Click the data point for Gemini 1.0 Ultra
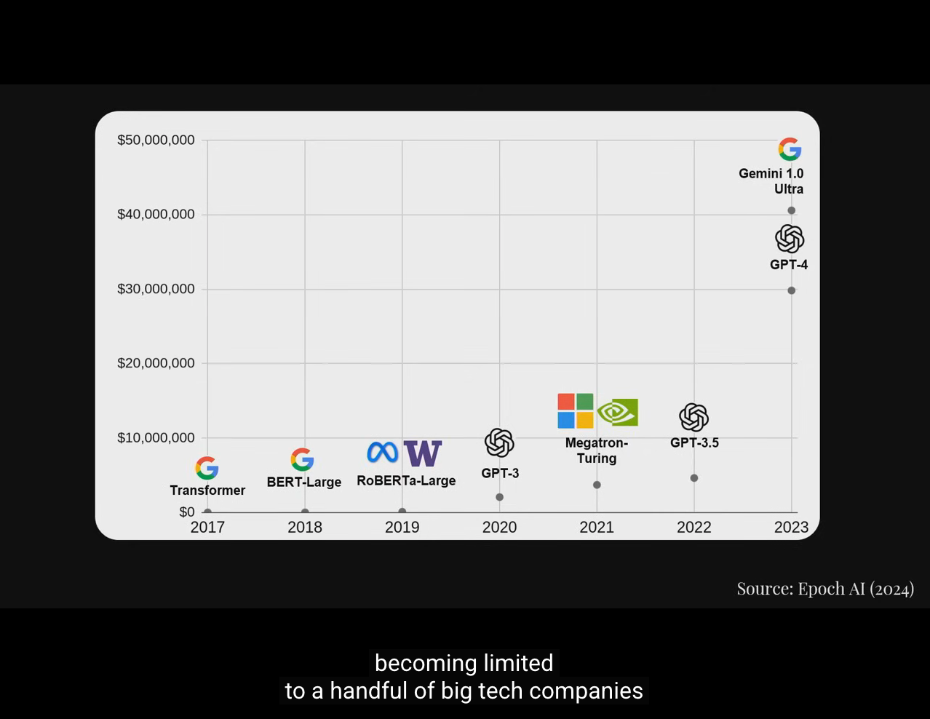tap(791, 210)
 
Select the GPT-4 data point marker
tap(791, 290)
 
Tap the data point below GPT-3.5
tap(694, 478)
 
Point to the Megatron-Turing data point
tap(597, 485)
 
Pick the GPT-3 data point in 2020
tap(499, 497)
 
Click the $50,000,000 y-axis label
tap(156, 140)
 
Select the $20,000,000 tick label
tap(156, 363)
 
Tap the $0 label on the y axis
tap(187, 512)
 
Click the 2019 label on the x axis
tap(402, 527)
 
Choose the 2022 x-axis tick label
tap(694, 527)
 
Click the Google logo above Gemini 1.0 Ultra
tap(790, 149)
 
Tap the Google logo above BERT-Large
tap(302, 459)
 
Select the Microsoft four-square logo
tap(576, 411)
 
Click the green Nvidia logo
tap(618, 412)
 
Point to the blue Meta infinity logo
tap(383, 452)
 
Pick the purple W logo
tap(423, 453)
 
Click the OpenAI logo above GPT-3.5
tap(693, 417)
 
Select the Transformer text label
tap(207, 490)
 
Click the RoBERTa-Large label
tap(406, 480)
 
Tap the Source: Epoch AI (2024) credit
tap(825, 588)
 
